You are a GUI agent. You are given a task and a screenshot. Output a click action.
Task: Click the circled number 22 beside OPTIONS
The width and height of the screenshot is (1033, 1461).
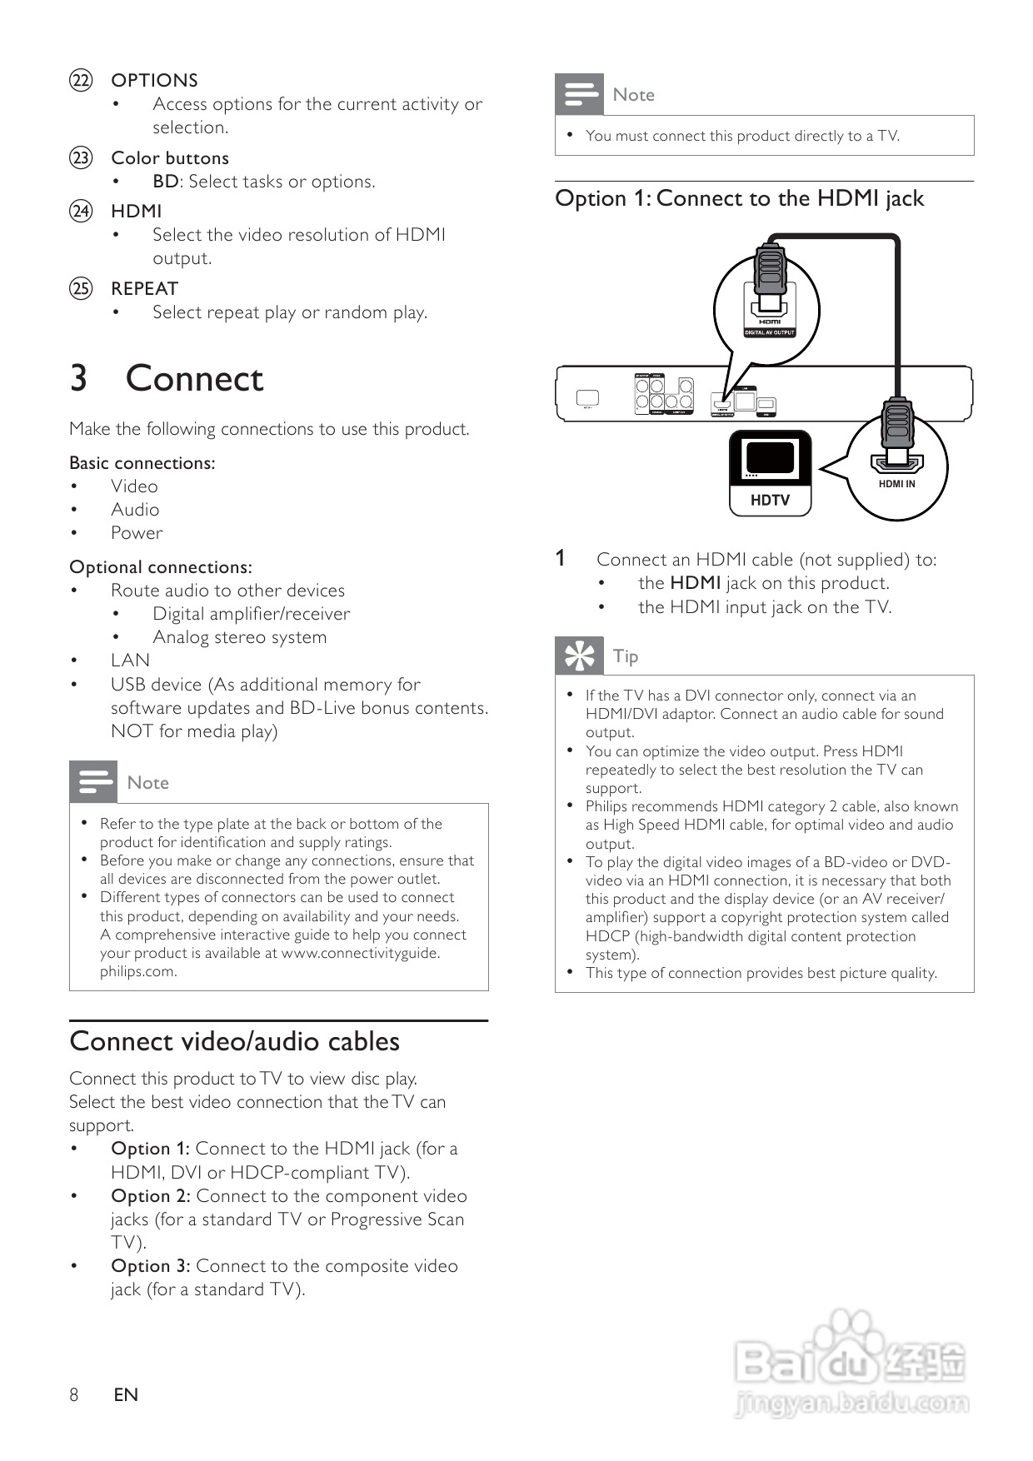click(x=81, y=81)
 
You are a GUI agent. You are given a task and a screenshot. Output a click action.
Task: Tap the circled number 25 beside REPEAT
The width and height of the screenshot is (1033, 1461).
click(x=81, y=289)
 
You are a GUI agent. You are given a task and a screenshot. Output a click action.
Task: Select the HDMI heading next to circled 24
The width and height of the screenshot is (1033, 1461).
click(x=137, y=212)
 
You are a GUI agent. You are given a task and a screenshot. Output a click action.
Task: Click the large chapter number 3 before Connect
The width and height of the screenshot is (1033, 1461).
click(x=78, y=379)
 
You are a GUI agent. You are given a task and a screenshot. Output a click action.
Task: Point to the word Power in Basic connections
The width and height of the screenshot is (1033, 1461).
click(x=137, y=533)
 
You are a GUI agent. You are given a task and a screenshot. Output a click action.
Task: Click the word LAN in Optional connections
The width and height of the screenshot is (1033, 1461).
click(x=130, y=661)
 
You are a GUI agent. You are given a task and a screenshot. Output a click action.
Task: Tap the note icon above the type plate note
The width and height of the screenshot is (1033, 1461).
click(x=93, y=782)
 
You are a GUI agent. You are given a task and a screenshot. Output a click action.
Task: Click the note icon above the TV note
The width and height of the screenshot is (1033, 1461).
click(x=579, y=94)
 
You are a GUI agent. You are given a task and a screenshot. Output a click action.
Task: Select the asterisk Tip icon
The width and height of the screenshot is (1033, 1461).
click(x=579, y=656)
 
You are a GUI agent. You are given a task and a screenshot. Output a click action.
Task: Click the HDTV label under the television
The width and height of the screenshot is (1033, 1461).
click(x=770, y=500)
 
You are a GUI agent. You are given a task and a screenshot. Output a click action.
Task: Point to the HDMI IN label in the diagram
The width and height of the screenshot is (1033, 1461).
click(x=896, y=484)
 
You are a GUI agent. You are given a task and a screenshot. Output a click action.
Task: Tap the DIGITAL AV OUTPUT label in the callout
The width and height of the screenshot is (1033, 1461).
click(x=770, y=332)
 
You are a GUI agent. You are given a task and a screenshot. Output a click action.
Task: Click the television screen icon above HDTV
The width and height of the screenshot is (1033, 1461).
click(x=770, y=457)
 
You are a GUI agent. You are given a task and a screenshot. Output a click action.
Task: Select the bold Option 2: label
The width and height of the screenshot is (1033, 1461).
click(x=151, y=1196)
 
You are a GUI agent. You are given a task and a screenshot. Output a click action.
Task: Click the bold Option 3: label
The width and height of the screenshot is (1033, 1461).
click(x=151, y=1266)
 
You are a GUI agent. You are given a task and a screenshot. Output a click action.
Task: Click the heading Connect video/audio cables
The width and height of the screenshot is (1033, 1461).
click(x=235, y=1042)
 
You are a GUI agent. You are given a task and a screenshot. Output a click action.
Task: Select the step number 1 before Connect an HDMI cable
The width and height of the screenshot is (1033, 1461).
click(x=561, y=559)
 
